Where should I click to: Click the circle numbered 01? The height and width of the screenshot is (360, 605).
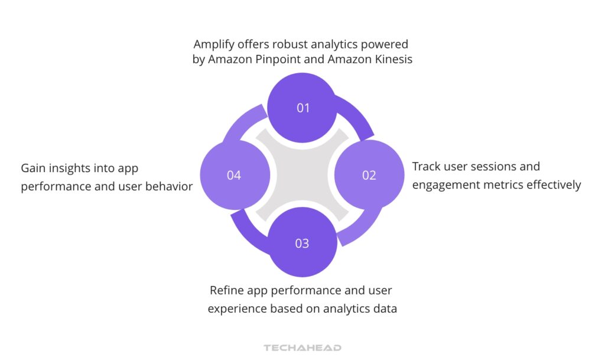302,108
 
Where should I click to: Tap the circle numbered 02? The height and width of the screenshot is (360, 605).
369,175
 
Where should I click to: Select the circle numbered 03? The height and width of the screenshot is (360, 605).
302,243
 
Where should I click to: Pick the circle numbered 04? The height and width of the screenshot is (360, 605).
235,175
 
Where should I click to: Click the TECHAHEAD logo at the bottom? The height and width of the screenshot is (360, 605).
302,348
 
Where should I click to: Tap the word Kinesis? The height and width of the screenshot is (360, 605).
392,60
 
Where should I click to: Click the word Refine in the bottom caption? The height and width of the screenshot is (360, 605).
226,291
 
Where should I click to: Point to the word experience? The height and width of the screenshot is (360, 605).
235,309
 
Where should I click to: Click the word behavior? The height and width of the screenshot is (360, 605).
171,187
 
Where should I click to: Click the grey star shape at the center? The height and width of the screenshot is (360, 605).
302,175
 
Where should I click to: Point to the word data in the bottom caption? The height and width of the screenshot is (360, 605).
384,309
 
